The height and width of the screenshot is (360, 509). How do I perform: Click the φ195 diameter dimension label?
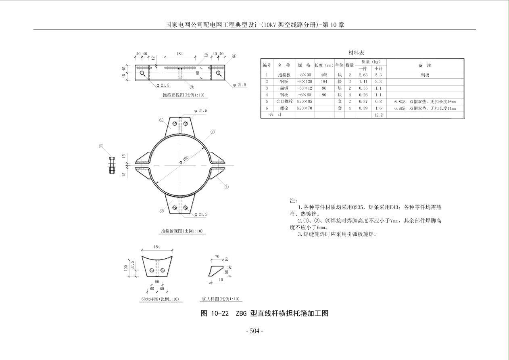pos(184,160)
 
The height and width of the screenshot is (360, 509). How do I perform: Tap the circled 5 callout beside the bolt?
pos(101,146)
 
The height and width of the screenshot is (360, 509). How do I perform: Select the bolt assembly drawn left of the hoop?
pos(112,165)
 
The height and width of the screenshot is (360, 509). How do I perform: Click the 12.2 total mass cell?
pos(378,115)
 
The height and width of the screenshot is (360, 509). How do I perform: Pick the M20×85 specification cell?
pos(305,101)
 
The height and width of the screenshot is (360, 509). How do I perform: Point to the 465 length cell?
pos(324,75)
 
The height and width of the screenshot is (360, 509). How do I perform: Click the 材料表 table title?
pos(356,53)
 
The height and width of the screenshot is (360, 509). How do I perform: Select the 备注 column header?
pos(425,65)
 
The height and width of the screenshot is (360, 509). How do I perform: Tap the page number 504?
pos(255,331)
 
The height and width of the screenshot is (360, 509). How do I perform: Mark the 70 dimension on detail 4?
pos(217,257)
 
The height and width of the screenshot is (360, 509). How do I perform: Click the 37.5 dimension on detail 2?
pos(133,265)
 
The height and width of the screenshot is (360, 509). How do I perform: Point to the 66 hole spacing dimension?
pos(157,282)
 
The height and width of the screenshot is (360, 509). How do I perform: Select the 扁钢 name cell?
pos(284,88)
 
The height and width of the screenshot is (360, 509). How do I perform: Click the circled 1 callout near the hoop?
pos(213,132)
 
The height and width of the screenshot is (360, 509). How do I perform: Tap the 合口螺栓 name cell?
pos(284,101)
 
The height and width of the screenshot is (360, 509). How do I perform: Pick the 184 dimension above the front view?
pos(180,54)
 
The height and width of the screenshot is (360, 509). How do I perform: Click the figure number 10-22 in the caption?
pos(220,313)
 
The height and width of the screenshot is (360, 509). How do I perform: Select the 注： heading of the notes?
pos(293,201)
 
